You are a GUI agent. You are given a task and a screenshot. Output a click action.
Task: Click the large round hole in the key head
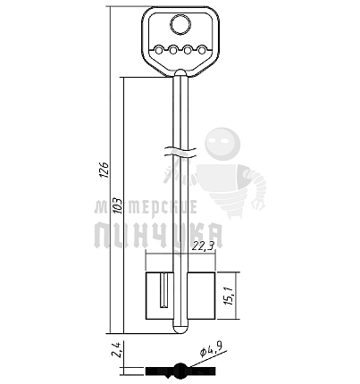pos(180,24)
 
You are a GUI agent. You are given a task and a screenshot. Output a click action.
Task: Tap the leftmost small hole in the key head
pos(159,51)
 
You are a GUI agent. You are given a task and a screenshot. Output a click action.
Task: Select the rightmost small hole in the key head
pos(202,51)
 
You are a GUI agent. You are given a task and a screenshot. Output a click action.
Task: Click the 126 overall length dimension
pos(105,170)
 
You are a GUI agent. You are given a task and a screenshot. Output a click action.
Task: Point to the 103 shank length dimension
pos(118,205)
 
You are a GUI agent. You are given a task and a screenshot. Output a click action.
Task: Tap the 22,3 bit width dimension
pos(204,246)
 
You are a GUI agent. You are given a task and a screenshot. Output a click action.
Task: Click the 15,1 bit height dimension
pos(230,295)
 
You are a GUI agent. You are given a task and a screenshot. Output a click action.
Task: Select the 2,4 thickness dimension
pos(116,349)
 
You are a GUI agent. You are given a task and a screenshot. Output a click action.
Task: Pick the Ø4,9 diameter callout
pos(212,349)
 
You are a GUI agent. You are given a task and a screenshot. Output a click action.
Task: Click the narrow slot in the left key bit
pos(164,290)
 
